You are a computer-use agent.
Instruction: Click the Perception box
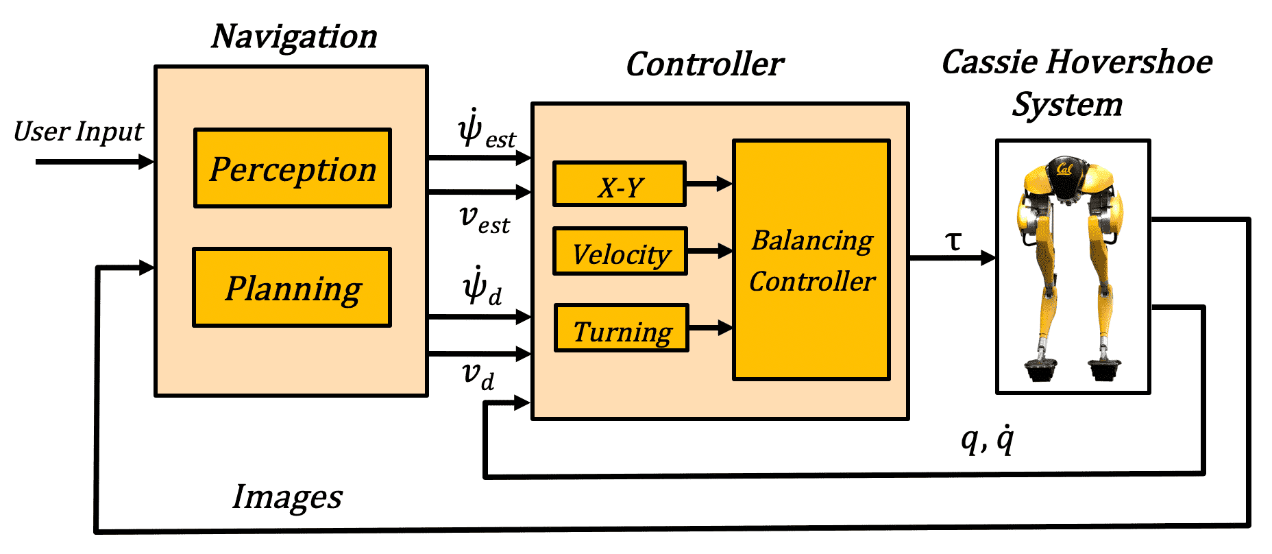[x=293, y=168]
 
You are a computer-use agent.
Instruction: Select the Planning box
[x=292, y=287]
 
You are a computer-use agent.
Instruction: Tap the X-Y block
[x=620, y=184]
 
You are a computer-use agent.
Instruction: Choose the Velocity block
[x=620, y=252]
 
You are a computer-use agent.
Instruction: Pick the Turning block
[x=621, y=328]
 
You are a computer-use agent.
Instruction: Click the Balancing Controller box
[x=811, y=260]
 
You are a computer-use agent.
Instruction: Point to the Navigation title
[x=294, y=37]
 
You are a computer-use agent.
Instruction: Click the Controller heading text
[x=705, y=64]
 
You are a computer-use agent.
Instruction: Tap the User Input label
[x=79, y=132]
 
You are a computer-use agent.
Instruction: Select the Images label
[x=287, y=497]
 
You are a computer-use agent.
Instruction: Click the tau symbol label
[x=953, y=241]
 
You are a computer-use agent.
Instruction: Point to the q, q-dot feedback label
[x=988, y=439]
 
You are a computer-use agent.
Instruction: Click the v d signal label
[x=478, y=375]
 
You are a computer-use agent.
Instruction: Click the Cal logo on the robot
[x=1064, y=168]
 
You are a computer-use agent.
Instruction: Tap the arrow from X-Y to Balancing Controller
[x=709, y=184]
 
